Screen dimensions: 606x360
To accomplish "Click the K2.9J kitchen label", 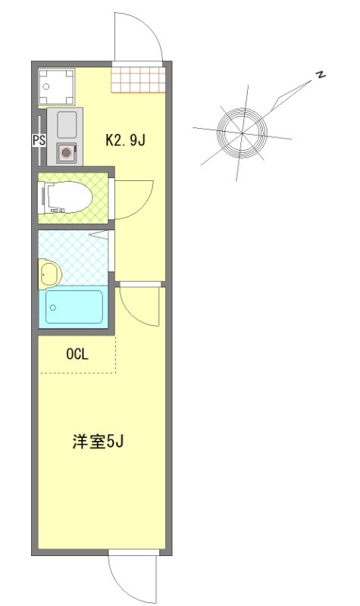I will pyautogui.click(x=124, y=139).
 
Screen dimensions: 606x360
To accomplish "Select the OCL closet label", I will pyautogui.click(x=77, y=353).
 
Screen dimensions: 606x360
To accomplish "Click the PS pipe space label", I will pyautogui.click(x=38, y=139).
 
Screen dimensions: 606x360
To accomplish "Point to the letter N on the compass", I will pyautogui.click(x=321, y=74).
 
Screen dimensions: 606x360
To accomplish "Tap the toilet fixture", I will pyautogui.click(x=68, y=199).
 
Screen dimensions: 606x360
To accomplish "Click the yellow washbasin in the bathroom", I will pyautogui.click(x=49, y=273).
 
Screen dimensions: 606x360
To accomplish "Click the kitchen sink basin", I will pyautogui.click(x=66, y=122).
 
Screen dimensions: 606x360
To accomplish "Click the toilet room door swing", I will pyautogui.click(x=135, y=198).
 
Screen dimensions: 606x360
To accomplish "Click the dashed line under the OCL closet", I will pyautogui.click(x=77, y=372).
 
